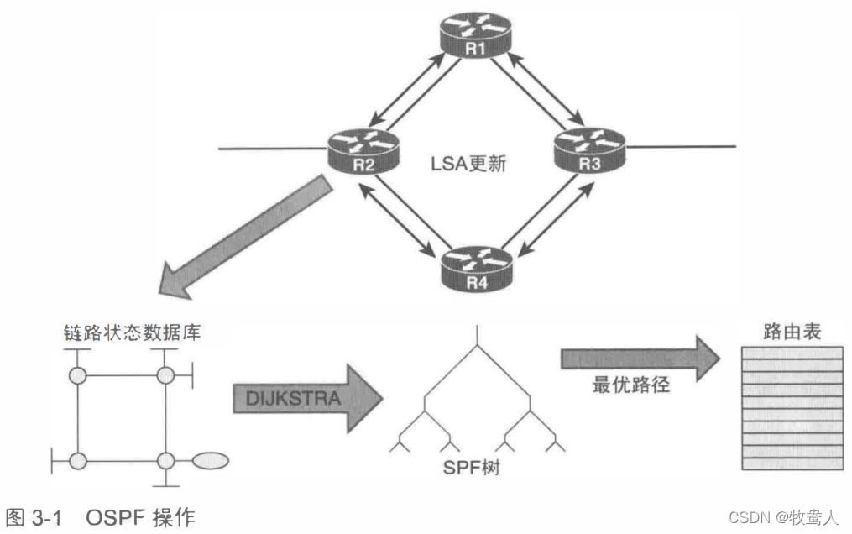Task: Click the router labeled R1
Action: coord(476,38)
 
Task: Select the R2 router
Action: coord(363,151)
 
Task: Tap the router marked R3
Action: coord(589,151)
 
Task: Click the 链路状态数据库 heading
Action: coord(133,332)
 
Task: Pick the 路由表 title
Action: coord(792,332)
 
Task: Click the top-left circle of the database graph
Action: coord(79,374)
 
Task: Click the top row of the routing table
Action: coord(792,353)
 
